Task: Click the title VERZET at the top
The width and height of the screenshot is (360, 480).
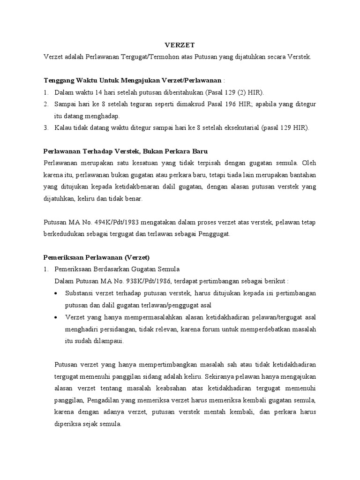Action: tap(180, 45)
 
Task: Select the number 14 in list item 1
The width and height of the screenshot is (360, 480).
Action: tap(103, 92)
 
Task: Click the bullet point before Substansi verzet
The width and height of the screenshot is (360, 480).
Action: tap(57, 293)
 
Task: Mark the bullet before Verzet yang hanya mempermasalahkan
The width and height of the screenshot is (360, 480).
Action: tap(57, 317)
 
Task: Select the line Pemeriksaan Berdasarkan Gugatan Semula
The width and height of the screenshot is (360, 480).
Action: tap(117, 269)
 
